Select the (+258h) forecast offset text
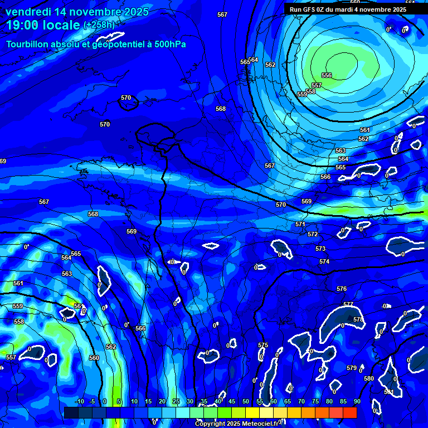99,25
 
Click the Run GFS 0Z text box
348,9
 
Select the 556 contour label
327,75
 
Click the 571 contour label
300,224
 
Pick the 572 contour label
313,235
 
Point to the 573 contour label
320,249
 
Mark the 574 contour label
324,261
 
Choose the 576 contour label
342,289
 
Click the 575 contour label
263,346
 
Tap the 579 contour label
352,368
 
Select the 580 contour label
369,378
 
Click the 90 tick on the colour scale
357,401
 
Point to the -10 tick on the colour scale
79,401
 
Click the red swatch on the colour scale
349,412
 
